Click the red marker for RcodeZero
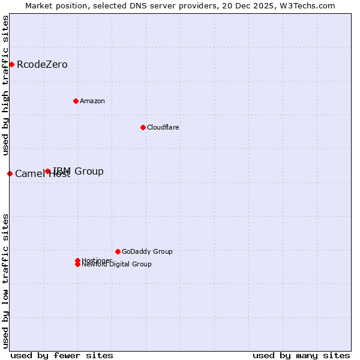[11, 64]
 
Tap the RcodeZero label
[42, 65]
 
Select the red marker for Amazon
[76, 101]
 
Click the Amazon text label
[92, 101]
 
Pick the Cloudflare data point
[143, 127]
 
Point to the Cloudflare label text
[163, 127]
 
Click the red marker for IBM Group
[48, 171]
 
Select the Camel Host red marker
[10, 173]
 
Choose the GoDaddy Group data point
[118, 251]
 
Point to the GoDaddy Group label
[147, 251]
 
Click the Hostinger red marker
[77, 260]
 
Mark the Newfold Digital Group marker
[77, 265]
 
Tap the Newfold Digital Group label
[116, 265]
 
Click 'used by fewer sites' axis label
[62, 355]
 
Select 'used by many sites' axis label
[301, 355]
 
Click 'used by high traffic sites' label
[5, 86]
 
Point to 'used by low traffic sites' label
[5, 280]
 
